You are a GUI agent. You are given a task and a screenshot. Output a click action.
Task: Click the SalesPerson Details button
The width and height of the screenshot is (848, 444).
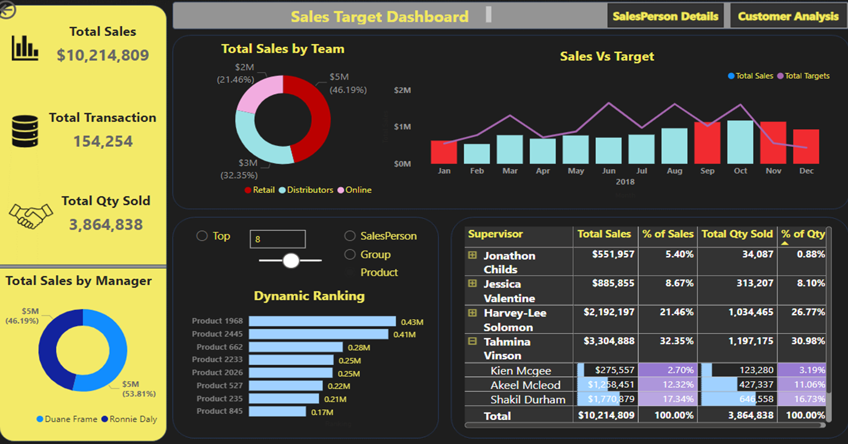[x=665, y=17]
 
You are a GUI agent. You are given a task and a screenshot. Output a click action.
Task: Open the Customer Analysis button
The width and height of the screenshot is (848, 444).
[x=788, y=17]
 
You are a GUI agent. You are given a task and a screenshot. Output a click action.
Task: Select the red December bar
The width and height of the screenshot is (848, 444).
[x=806, y=147]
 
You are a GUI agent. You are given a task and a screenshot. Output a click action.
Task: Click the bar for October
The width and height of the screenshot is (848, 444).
[x=740, y=142]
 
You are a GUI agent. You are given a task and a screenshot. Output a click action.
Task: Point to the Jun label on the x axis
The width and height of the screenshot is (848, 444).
[x=608, y=171]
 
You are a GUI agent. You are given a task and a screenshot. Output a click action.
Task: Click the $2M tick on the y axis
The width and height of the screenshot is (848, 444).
[x=403, y=90]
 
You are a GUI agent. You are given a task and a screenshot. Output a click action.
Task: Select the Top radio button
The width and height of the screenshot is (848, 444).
[x=202, y=236]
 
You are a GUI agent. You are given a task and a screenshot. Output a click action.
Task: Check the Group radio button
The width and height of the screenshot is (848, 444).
[x=350, y=255]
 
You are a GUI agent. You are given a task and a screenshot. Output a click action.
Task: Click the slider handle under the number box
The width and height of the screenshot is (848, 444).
[x=291, y=261]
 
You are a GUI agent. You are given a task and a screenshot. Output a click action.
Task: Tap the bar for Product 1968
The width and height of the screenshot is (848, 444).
[x=322, y=321]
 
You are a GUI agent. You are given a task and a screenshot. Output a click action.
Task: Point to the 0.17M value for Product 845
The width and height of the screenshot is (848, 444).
[x=322, y=412]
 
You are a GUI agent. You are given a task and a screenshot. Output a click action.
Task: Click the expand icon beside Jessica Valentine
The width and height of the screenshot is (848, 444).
[x=472, y=284]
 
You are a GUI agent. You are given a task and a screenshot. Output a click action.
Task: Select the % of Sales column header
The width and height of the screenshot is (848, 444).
[x=667, y=234]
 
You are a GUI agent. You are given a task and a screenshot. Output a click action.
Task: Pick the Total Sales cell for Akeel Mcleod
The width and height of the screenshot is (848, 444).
[x=606, y=385]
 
